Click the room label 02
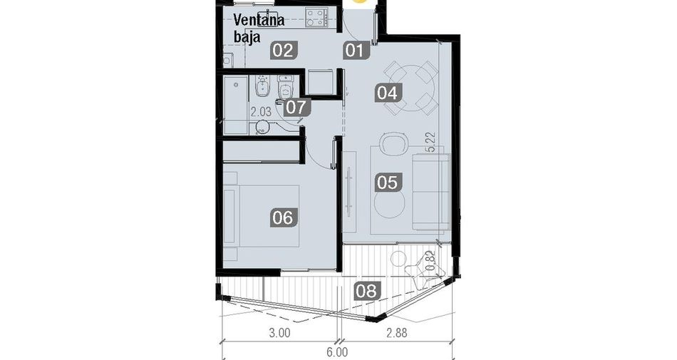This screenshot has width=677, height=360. [x=283, y=51]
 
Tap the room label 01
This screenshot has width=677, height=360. [x=356, y=51]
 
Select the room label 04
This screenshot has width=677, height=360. [x=388, y=93]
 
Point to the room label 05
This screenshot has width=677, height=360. [x=388, y=182]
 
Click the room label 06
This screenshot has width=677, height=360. [x=283, y=217]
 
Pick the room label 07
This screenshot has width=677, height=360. [x=296, y=107]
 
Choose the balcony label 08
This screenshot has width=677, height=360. [x=367, y=291]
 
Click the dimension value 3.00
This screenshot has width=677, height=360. [x=280, y=333]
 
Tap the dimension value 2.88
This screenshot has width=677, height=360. [x=397, y=333]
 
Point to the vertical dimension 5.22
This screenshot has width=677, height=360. [x=430, y=143]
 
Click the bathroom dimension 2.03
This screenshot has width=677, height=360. [x=262, y=112]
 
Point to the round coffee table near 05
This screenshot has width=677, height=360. [x=390, y=205]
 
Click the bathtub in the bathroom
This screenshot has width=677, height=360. [x=236, y=105]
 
